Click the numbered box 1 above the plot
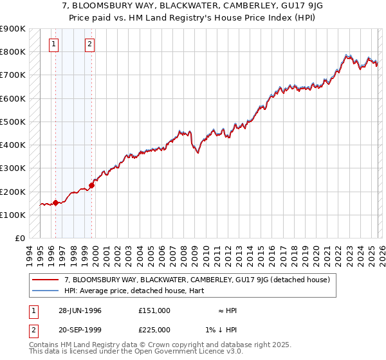coord(53,44)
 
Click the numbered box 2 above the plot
coord(89,44)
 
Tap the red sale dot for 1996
coord(55,203)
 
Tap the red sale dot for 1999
coord(91,186)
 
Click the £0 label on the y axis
coord(19,239)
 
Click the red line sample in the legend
coord(45,280)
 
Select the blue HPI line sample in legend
coord(45,291)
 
